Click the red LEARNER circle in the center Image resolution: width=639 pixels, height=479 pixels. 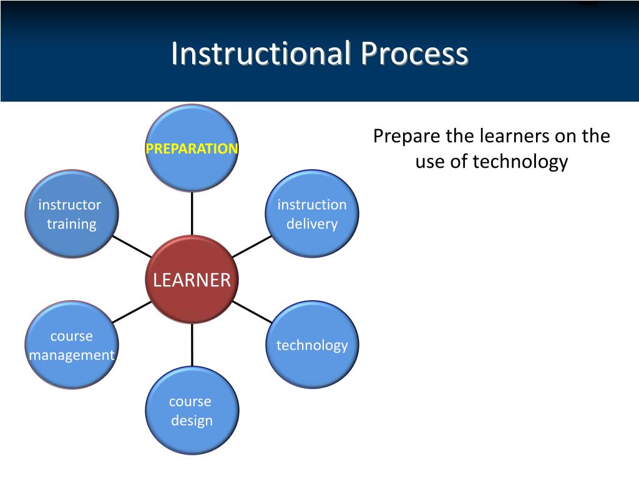coord(192,279)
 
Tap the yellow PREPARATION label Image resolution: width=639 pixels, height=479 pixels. coord(192,148)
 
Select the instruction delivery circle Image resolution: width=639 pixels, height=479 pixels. coord(312,214)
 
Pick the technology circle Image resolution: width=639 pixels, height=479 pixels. coord(312,345)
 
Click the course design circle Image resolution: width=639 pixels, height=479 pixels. coord(192,410)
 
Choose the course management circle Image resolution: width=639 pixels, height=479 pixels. coord(72,345)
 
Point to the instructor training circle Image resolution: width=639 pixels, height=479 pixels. coord(71,214)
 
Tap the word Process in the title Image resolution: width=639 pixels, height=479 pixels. coord(413,54)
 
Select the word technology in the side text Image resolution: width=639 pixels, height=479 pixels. coord(520,162)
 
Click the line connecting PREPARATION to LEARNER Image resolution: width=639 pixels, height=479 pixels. coord(192,214)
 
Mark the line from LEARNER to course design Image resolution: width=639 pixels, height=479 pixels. coord(192,345)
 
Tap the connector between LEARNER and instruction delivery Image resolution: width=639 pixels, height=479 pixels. coord(251,246)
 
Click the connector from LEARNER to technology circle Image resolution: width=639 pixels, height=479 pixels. coord(252,312)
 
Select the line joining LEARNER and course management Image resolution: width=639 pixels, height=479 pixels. coord(132,312)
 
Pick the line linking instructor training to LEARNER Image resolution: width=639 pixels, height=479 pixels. coord(132,246)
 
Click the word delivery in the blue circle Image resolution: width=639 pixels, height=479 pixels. coord(312,224)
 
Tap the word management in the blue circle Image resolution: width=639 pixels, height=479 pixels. coord(72,355)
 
